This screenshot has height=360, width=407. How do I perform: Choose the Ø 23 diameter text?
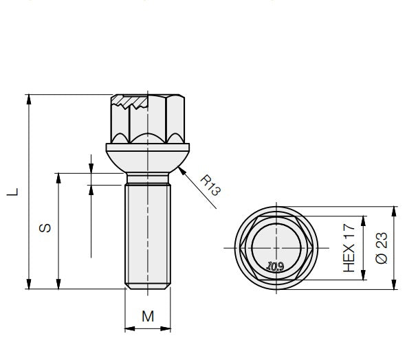coord(382,247)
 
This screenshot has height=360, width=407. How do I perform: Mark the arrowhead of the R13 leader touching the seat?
coord(180,170)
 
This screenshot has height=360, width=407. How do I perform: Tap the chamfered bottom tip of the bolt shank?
coord(147,285)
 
